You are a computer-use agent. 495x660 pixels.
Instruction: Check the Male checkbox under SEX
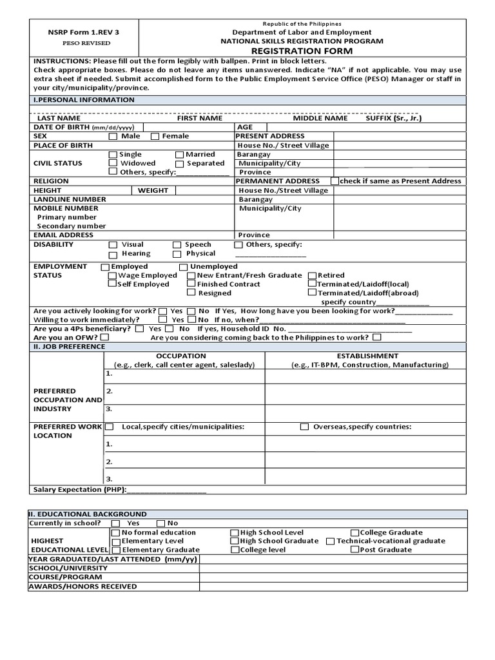tap(113, 137)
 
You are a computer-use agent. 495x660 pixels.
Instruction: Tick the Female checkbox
tap(155, 137)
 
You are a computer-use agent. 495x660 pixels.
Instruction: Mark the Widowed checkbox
tap(113, 164)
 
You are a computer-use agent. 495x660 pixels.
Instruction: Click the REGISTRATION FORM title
tap(302, 50)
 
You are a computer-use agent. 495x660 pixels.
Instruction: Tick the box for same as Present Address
tap(335, 181)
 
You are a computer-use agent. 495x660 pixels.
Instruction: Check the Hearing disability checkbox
tap(113, 254)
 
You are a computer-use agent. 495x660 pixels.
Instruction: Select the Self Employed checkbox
tap(113, 284)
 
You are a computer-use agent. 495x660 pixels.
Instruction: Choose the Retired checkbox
tap(312, 275)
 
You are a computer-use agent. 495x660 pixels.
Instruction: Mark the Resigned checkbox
tap(191, 293)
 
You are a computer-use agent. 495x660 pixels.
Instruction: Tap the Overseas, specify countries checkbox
tap(304, 427)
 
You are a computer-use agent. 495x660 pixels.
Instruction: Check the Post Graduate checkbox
tap(354, 550)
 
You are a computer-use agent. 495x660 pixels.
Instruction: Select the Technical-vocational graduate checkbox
tap(330, 541)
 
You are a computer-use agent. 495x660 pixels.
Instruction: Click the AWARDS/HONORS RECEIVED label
tap(82, 587)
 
